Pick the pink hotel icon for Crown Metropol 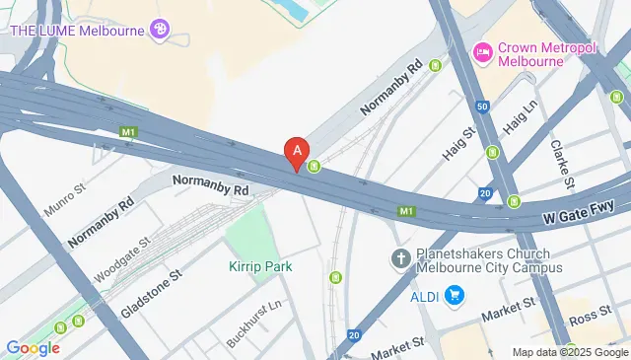[x=482, y=51]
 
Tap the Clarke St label [x=562, y=161]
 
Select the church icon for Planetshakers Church [x=400, y=258]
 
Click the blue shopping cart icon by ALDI [x=455, y=295]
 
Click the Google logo [x=33, y=347]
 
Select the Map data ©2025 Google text [x=569, y=352]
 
